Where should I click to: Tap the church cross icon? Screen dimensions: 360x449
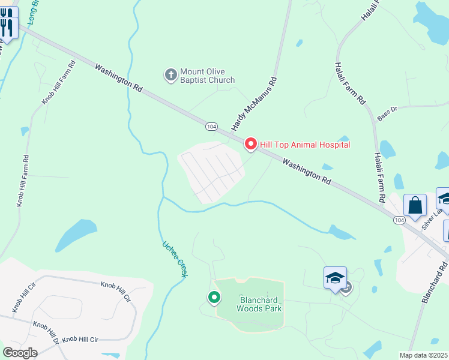click(170, 75)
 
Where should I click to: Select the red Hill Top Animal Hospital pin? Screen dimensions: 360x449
click(250, 144)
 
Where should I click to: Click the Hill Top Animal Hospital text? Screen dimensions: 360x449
click(304, 144)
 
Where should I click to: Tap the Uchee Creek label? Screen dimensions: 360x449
click(175, 259)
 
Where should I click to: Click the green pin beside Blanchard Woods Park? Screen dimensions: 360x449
click(214, 297)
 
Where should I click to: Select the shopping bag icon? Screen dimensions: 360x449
click(415, 206)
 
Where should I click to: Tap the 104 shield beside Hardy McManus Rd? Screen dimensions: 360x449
click(211, 127)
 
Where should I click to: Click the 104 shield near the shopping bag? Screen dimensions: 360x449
click(400, 220)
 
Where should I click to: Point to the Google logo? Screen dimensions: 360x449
click(20, 352)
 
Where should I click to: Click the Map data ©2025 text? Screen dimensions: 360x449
click(424, 355)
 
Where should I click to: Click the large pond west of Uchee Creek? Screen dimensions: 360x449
click(76, 235)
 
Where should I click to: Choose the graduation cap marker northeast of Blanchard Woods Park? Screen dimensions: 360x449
click(336, 278)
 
